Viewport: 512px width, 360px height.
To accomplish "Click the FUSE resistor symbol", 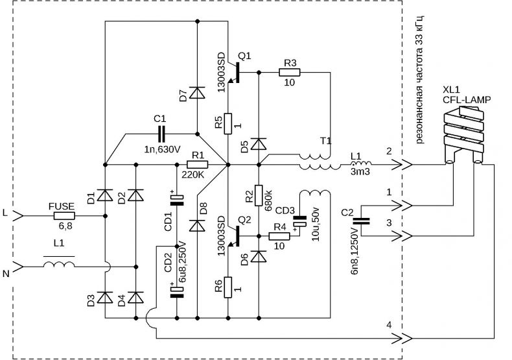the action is click(64, 216).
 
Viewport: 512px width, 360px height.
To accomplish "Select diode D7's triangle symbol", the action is click(197, 93).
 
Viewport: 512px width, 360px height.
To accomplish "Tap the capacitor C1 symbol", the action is click(162, 134).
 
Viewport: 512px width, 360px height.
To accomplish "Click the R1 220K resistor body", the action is click(197, 164).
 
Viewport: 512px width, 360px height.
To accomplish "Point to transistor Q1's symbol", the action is click(234, 73).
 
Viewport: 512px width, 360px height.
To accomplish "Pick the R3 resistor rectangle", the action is click(289, 72).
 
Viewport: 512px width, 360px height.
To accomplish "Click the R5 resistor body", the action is click(228, 124).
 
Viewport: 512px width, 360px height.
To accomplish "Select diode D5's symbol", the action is click(259, 144).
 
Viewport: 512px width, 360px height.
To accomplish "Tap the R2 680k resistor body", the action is click(259, 196).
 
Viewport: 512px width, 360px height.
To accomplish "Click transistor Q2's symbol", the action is click(234, 236).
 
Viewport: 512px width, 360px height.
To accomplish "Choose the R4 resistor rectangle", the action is click(279, 236).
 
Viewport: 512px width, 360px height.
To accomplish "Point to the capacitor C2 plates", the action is click(362, 221).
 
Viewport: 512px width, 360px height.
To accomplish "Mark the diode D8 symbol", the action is click(197, 226).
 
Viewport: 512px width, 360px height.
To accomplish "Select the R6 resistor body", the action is click(228, 287).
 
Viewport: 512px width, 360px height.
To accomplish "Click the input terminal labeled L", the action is click(18, 216).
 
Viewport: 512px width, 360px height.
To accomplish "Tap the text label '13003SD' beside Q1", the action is click(222, 73).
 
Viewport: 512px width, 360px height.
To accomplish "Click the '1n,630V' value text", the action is click(162, 150).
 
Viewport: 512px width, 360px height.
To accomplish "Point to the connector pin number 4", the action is click(389, 325).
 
